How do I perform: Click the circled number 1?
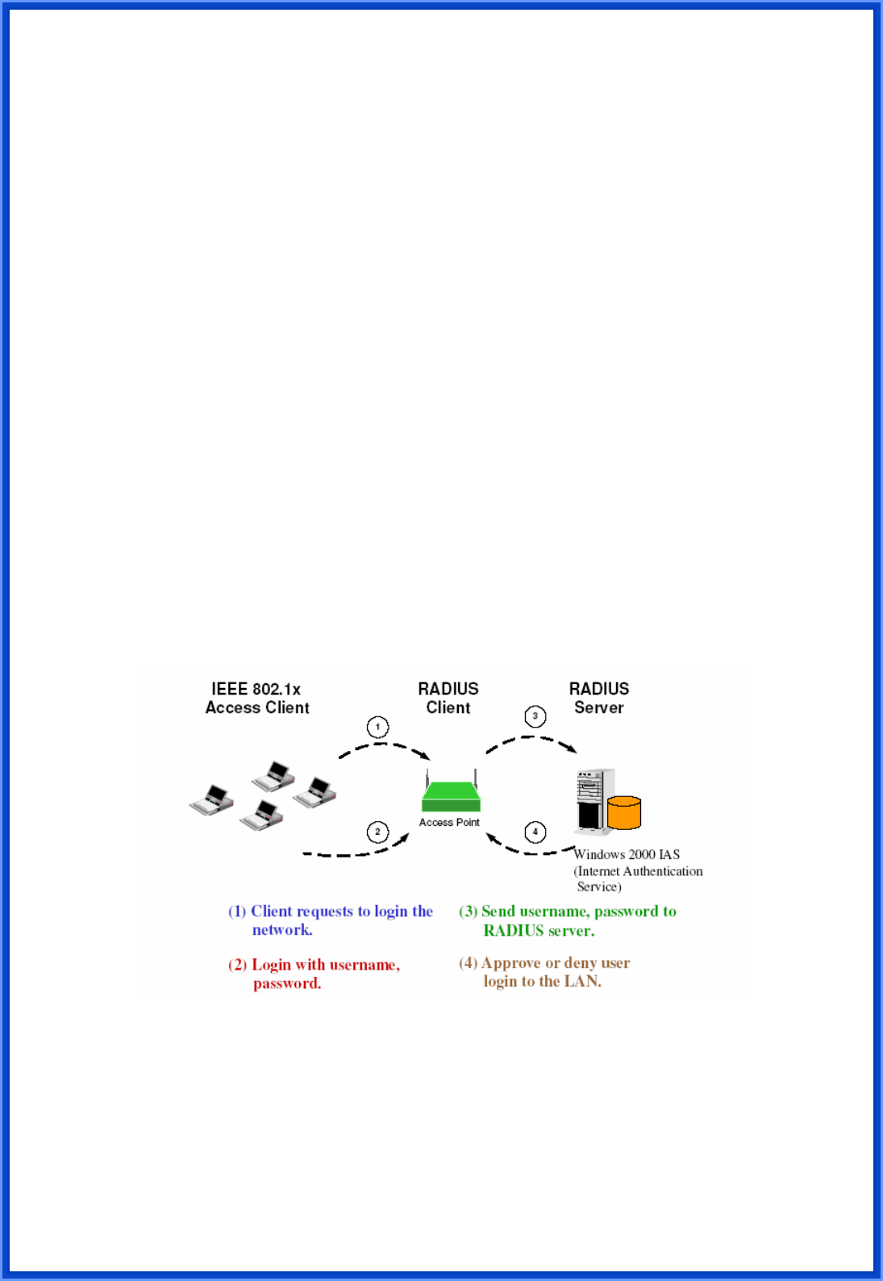pyautogui.click(x=377, y=727)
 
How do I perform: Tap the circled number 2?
pyautogui.click(x=377, y=832)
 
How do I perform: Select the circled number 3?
pyautogui.click(x=535, y=716)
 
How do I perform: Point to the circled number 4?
pyautogui.click(x=535, y=832)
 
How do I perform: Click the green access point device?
pyautogui.click(x=451, y=795)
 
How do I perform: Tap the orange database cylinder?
pyautogui.click(x=623, y=812)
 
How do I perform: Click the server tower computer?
pyautogui.click(x=594, y=800)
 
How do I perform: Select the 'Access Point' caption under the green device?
pyautogui.click(x=449, y=822)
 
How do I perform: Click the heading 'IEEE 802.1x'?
pyautogui.click(x=256, y=689)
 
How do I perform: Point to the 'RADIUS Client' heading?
pyautogui.click(x=448, y=698)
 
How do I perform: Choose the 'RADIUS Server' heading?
pyautogui.click(x=598, y=698)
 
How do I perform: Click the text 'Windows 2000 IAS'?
pyautogui.click(x=627, y=854)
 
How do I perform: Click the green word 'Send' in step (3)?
pyautogui.click(x=498, y=912)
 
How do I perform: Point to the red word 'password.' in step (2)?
pyautogui.click(x=287, y=983)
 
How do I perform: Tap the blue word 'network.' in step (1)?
pyautogui.click(x=282, y=930)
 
